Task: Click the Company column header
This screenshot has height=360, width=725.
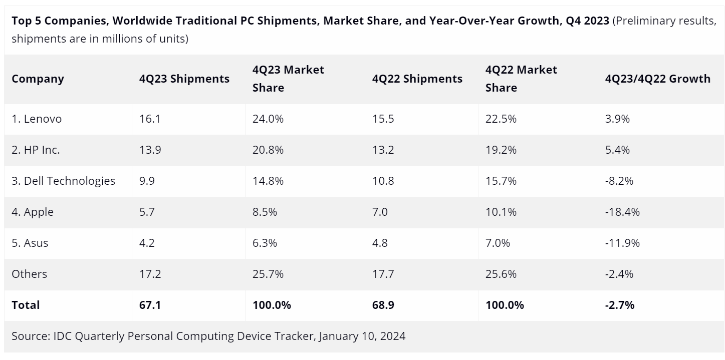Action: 38,79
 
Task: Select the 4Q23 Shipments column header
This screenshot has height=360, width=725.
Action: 184,79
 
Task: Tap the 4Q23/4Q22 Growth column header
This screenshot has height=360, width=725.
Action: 658,79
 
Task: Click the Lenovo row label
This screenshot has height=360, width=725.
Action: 37,119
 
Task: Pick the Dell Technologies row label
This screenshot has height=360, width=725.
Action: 64,181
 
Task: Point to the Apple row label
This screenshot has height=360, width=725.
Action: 33,212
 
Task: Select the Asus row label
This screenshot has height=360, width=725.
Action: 30,243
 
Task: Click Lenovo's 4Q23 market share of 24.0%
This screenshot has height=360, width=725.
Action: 268,119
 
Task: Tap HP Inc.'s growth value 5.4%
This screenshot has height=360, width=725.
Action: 617,150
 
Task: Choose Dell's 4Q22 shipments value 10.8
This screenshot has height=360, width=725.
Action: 383,181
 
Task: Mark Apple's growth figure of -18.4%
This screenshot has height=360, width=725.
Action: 622,212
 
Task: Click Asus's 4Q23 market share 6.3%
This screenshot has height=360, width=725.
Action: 265,243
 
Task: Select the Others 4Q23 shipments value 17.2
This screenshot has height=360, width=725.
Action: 150,274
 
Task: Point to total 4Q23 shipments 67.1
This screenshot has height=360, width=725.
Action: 150,305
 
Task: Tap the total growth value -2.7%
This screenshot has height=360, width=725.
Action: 620,305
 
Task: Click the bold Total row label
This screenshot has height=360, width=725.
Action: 26,305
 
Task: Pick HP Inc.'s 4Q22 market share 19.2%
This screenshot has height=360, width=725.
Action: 501,150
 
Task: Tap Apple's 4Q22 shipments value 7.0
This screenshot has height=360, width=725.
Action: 380,212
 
